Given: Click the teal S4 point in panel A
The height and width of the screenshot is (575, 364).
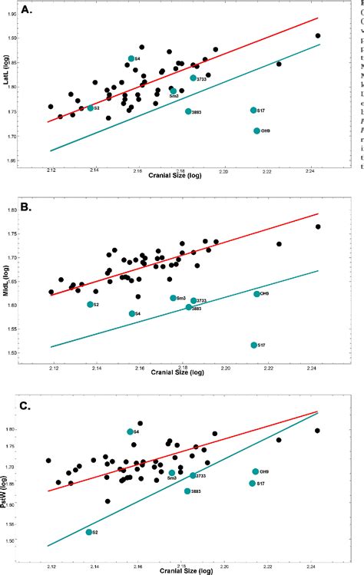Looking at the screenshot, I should (131, 58).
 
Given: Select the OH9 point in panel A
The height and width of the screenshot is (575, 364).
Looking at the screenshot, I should (257, 131).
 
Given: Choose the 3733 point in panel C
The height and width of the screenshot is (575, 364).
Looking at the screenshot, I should (194, 476).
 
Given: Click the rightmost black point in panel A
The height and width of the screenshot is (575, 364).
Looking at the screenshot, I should (318, 36).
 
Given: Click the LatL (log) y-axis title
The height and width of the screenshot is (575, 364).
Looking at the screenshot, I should (7, 70).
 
